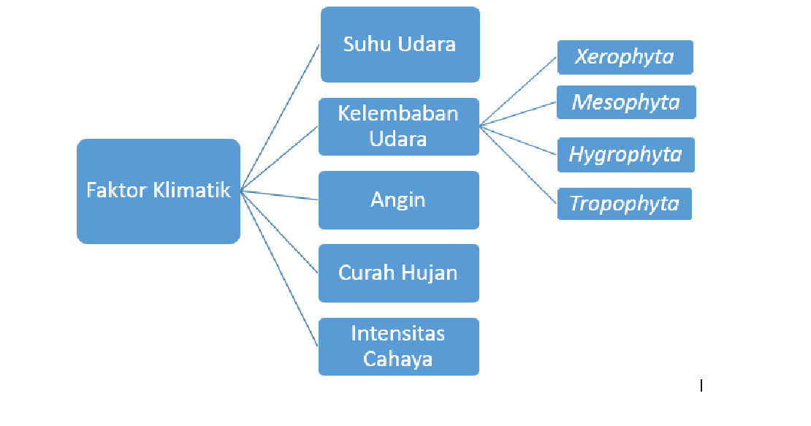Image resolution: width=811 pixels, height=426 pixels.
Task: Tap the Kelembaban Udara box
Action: click(x=399, y=126)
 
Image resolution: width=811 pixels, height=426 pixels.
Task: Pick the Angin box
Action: click(x=398, y=199)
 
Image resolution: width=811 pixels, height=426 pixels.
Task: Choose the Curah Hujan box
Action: click(x=398, y=273)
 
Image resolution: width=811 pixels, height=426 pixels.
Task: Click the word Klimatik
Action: click(x=191, y=191)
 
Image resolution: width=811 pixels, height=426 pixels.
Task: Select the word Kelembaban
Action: click(x=398, y=114)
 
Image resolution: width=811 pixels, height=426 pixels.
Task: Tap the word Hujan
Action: click(x=433, y=273)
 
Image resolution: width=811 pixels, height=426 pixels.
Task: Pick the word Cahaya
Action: click(x=398, y=359)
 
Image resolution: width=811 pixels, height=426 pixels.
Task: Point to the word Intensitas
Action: click(x=398, y=334)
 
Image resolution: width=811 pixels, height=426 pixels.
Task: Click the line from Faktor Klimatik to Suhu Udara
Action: click(x=280, y=117)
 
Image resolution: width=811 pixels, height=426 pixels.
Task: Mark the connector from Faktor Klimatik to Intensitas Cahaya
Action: click(x=280, y=267)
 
